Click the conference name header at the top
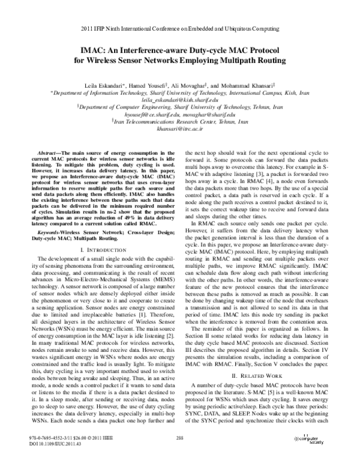pyautogui.click(x=179, y=28)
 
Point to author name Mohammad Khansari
pyautogui.click(x=248, y=86)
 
